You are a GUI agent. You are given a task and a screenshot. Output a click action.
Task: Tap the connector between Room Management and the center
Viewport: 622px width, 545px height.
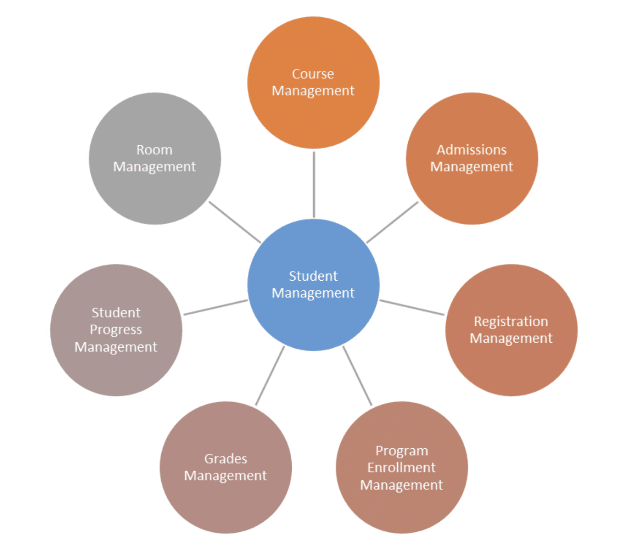[235, 222]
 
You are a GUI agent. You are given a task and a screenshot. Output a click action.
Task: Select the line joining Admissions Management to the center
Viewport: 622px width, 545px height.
[392, 222]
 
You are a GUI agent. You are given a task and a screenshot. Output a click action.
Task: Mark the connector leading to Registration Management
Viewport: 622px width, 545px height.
[411, 307]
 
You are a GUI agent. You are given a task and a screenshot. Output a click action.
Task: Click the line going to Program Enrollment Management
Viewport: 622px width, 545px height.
[357, 376]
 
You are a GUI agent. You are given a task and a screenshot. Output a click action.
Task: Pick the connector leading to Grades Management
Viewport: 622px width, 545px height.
[270, 376]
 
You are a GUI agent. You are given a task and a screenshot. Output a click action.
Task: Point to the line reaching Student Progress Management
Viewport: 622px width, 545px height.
[216, 307]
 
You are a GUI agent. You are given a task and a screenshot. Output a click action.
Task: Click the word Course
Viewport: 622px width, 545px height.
[313, 74]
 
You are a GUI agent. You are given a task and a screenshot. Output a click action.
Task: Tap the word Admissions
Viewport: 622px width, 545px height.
[472, 150]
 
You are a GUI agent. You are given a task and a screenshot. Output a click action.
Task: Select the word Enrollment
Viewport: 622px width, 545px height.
[401, 467]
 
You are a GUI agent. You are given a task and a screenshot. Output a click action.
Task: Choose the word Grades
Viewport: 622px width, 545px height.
[226, 458]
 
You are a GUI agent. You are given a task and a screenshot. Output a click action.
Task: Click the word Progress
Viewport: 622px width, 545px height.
[116, 330]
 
